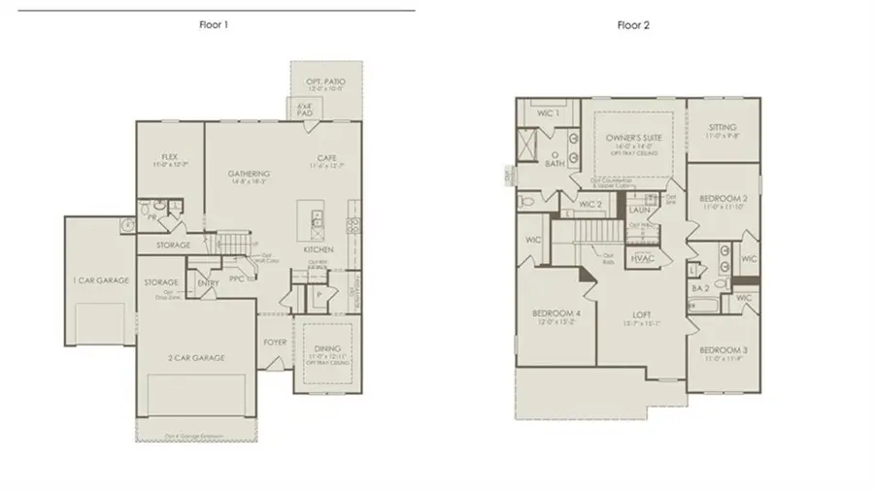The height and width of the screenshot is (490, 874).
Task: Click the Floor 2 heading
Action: [633, 25]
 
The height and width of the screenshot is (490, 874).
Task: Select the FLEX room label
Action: [169, 155]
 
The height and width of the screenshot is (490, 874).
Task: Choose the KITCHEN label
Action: [318, 249]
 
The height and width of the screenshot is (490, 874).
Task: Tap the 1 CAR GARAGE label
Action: [101, 279]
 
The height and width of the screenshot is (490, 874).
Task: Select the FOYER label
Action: [275, 343]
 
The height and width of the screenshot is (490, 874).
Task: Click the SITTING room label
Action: [723, 127]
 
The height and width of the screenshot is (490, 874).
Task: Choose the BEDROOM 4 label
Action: [555, 313]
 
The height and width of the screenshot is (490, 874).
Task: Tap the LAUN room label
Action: [639, 209]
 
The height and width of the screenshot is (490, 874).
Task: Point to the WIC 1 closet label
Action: [549, 114]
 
